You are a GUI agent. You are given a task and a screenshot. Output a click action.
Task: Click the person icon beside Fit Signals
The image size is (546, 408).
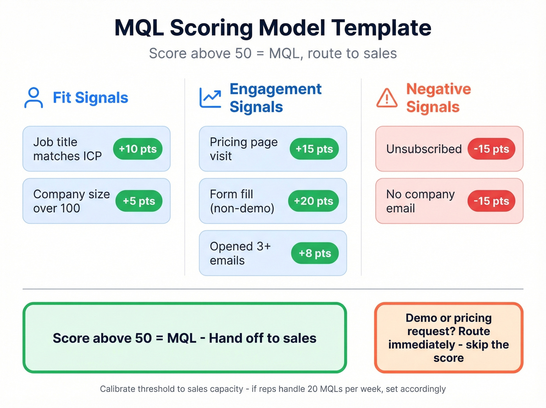34,98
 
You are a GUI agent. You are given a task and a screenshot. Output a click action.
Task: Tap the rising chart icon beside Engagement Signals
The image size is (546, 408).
210,98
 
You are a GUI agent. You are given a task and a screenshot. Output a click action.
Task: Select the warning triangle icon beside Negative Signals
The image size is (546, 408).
387,98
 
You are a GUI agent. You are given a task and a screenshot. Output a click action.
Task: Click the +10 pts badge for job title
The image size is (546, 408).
138,149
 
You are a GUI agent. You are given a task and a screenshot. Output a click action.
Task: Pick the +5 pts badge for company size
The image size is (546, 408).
139,201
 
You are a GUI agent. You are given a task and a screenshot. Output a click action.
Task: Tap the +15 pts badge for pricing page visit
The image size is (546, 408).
314,149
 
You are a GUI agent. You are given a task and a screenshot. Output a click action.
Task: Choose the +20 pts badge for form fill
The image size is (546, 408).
313,201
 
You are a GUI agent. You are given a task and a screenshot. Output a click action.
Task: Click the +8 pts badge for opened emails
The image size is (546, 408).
315,253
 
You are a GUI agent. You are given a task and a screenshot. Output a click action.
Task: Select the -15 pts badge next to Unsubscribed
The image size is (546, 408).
491,149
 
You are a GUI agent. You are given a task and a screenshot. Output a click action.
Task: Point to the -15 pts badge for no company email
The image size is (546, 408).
491,201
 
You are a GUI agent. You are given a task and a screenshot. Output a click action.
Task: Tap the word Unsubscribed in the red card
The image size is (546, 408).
424,149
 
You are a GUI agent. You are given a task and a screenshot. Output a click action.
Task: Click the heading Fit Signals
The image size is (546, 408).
90,98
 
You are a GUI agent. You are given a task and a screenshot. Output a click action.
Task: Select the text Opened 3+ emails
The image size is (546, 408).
240,253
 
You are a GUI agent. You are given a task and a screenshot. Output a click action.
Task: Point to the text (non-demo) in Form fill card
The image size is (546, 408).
242,208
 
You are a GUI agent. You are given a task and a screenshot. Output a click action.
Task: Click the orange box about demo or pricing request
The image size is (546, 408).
448,338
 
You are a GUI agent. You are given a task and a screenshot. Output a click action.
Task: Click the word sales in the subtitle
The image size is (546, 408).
379,53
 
